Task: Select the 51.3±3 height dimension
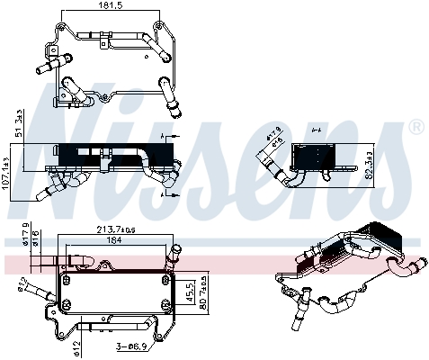(x=21, y=124)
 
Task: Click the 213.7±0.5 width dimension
(x=114, y=230)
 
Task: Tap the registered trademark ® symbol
(x=416, y=129)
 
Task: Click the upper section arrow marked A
(x=163, y=135)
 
